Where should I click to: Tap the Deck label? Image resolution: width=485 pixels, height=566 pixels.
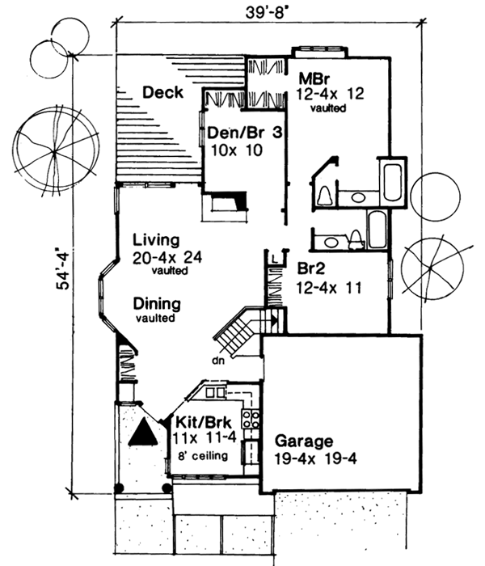[162, 93]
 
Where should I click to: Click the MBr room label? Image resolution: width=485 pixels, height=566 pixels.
[313, 80]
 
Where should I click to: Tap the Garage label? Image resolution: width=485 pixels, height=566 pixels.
[303, 441]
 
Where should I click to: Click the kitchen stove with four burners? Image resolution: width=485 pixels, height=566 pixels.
[251, 420]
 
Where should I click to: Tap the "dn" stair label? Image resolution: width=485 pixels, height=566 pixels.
[217, 361]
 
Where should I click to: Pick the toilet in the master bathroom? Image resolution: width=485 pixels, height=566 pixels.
[325, 195]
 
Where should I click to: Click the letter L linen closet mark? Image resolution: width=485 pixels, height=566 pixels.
[275, 257]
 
